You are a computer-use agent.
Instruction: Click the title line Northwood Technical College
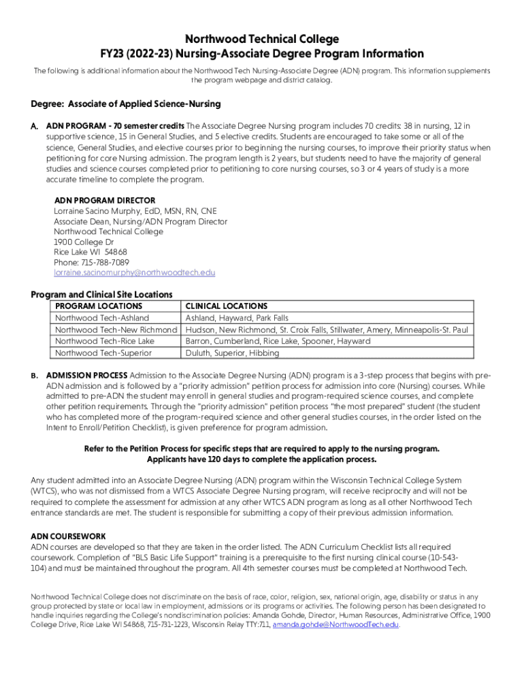pos(262,39)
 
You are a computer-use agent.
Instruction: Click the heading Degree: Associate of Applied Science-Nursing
pos(126,104)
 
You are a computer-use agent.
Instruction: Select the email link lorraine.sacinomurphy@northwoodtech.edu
pos(134,273)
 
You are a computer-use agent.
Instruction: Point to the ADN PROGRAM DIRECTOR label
pos(105,201)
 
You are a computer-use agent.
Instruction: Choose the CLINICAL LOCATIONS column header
pos(226,306)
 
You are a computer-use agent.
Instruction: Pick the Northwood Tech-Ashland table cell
pos(101,318)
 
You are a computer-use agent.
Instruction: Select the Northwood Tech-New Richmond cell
pos(116,329)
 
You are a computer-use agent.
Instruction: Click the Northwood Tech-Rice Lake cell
pos(104,341)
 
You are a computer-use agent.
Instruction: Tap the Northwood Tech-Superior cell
pos(103,353)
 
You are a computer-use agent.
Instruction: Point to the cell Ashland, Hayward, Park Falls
pos(237,318)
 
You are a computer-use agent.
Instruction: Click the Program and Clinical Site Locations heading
pos(101,295)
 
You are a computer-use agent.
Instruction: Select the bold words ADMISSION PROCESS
pos(86,376)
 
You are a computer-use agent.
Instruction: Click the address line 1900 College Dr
pos(84,242)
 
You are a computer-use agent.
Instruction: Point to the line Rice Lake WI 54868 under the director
pos(91,253)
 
